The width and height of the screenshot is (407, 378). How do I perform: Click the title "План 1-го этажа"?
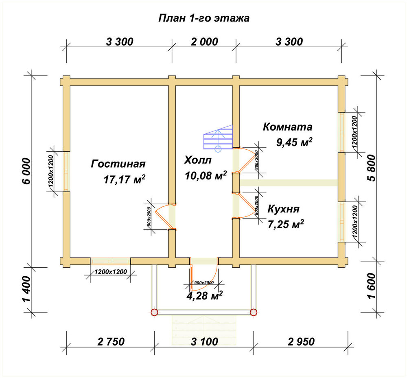click(204, 18)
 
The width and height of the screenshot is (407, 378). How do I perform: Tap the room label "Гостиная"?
click(118, 164)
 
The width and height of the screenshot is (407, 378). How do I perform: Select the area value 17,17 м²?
click(124, 179)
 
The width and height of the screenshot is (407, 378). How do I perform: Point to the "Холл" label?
click(198, 160)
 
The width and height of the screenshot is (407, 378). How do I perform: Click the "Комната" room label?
click(288, 127)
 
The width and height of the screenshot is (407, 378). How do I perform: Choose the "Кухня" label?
click(283, 209)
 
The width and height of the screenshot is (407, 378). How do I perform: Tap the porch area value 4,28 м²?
click(205, 295)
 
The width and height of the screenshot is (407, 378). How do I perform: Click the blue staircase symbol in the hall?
click(218, 138)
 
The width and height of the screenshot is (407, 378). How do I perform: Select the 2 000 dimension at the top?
click(205, 42)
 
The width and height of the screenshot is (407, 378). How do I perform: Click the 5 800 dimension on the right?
click(372, 168)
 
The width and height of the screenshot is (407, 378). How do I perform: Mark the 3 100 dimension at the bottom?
click(205, 342)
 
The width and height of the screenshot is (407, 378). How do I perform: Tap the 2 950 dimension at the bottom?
click(301, 342)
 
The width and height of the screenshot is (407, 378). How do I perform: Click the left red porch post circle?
click(154, 312)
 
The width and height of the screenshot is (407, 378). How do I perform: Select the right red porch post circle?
click(254, 312)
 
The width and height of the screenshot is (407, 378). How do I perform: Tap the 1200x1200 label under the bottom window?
click(111, 272)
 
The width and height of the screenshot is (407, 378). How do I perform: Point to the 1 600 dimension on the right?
click(372, 286)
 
